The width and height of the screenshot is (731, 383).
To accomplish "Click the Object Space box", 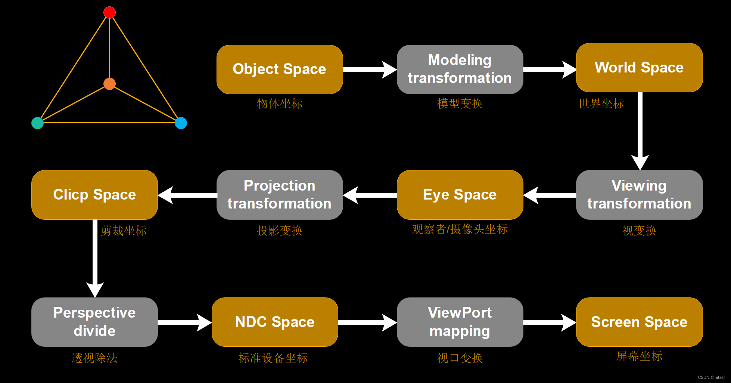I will coord(280,70).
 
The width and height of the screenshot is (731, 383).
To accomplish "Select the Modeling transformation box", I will coord(460,70).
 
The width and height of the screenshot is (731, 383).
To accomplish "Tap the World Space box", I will coord(639,68).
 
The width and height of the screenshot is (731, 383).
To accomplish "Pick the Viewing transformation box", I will coord(639,195).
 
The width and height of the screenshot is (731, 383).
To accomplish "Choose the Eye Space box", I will coord(460,195).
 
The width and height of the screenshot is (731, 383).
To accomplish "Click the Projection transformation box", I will coord(280,195).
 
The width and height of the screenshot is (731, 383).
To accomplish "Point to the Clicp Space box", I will coord(94,195).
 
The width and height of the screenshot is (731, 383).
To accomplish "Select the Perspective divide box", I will coord(94,322).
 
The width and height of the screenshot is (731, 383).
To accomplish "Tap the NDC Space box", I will coord(275,322).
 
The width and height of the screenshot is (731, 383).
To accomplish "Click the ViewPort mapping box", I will coord(460,322).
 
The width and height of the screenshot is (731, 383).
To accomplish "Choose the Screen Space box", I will coord(639,322).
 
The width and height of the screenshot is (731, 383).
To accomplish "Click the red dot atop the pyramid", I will coord(109,12).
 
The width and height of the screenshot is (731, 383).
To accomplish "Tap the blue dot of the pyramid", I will coord(181,123).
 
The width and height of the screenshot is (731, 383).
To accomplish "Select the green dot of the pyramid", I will coord(37,123).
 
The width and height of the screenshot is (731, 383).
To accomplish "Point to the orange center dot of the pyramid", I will coord(109,84).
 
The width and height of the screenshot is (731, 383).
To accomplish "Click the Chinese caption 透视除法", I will coord(94,358).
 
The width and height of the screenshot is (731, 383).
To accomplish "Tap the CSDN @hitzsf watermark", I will coord(711,377).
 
